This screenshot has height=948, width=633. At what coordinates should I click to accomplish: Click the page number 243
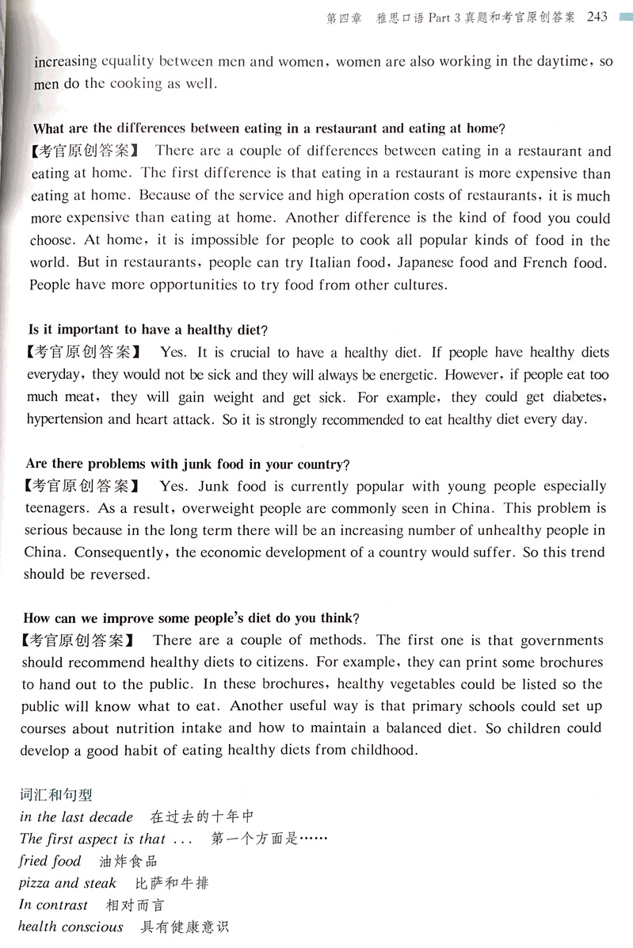[x=599, y=17]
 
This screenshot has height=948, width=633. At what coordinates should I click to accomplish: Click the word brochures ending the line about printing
[x=568, y=662]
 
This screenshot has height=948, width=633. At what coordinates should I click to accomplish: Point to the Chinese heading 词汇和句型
[x=56, y=793]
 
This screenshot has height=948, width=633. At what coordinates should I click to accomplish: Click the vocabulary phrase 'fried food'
[x=50, y=861]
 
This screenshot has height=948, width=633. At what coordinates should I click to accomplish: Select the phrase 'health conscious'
[x=71, y=927]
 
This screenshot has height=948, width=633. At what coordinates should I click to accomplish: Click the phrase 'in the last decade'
[x=77, y=816]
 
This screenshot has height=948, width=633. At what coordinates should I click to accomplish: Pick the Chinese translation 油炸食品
[x=129, y=861]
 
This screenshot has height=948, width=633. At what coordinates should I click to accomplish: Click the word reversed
[x=116, y=574]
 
